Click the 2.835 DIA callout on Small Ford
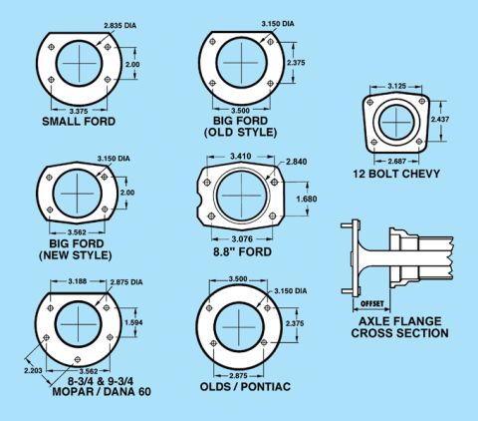coord(119,26)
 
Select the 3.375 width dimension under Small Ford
coord(79,111)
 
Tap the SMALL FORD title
coord(79,122)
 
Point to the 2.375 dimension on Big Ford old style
coord(296,63)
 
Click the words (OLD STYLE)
coord(240,133)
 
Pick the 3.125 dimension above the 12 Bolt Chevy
coord(396,86)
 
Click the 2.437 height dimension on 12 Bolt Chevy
coord(440,119)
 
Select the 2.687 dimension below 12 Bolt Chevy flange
coord(396,162)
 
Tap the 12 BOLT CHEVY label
coord(396,174)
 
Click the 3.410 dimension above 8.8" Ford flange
coord(241,156)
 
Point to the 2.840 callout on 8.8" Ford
coord(297,162)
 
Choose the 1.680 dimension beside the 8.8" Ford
coord(307,199)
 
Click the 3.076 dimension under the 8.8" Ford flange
coord(242,238)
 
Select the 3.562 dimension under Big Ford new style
coord(77,232)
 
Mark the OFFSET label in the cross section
coord(371,303)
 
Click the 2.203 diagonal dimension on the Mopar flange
coord(33,370)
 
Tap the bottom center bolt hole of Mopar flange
coord(78,359)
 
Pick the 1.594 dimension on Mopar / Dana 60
coord(133,322)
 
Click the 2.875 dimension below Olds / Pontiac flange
coord(238,376)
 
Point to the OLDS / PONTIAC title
coord(245,387)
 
